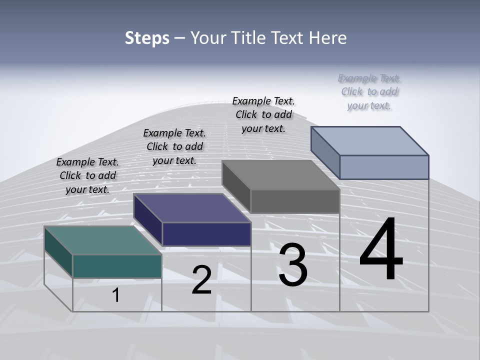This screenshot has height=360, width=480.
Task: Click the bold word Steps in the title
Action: coord(147,38)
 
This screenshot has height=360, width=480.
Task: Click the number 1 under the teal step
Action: coord(115,295)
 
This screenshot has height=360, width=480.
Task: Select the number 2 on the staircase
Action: coord(201,280)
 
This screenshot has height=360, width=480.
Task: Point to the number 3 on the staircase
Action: coord(293,265)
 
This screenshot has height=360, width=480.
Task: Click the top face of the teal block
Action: coord(102,240)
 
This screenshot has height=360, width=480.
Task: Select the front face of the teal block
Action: coord(117,266)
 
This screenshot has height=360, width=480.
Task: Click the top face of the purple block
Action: coord(192,207)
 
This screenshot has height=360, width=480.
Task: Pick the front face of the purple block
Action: coord(206,234)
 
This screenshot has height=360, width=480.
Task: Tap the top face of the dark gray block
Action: coord(281,175)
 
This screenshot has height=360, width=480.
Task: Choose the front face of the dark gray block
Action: coord(295,201)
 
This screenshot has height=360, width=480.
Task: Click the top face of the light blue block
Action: coord(370,140)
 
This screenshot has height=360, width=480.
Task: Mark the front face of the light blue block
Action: coord(384,167)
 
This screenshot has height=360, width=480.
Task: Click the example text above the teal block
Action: coord(87,175)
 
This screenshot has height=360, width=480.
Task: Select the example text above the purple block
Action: coord(174,146)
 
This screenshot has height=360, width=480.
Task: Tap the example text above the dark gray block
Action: coord(263,114)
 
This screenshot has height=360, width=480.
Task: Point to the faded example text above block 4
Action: coord(369,91)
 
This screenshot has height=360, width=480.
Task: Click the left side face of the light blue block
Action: coord(325,152)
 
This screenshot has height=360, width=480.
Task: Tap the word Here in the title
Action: coord(328,38)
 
